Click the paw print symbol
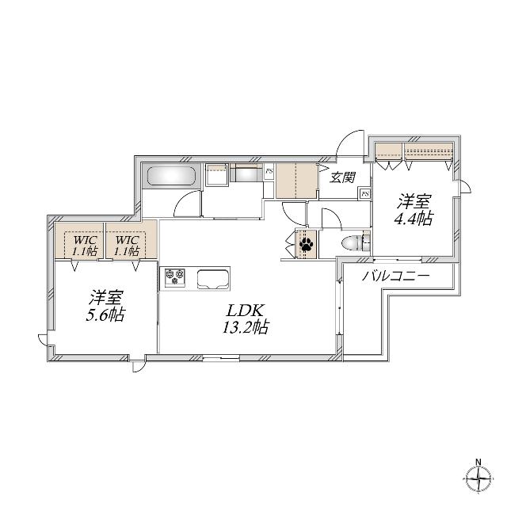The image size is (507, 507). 306,244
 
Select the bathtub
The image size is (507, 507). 171,176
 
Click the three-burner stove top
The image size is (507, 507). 175,277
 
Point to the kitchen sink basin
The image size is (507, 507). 214,279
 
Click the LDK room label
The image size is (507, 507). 245,311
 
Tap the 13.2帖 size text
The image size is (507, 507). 245,327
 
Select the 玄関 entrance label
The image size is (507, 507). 342,177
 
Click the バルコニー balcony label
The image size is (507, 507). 396,276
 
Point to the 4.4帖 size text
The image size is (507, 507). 413,219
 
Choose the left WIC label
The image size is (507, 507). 85,241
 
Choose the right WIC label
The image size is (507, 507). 127,241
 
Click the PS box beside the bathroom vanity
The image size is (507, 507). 269,171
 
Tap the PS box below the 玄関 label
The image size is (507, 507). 365,193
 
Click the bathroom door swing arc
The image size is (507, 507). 185,198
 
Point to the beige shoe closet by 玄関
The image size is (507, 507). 296,181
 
